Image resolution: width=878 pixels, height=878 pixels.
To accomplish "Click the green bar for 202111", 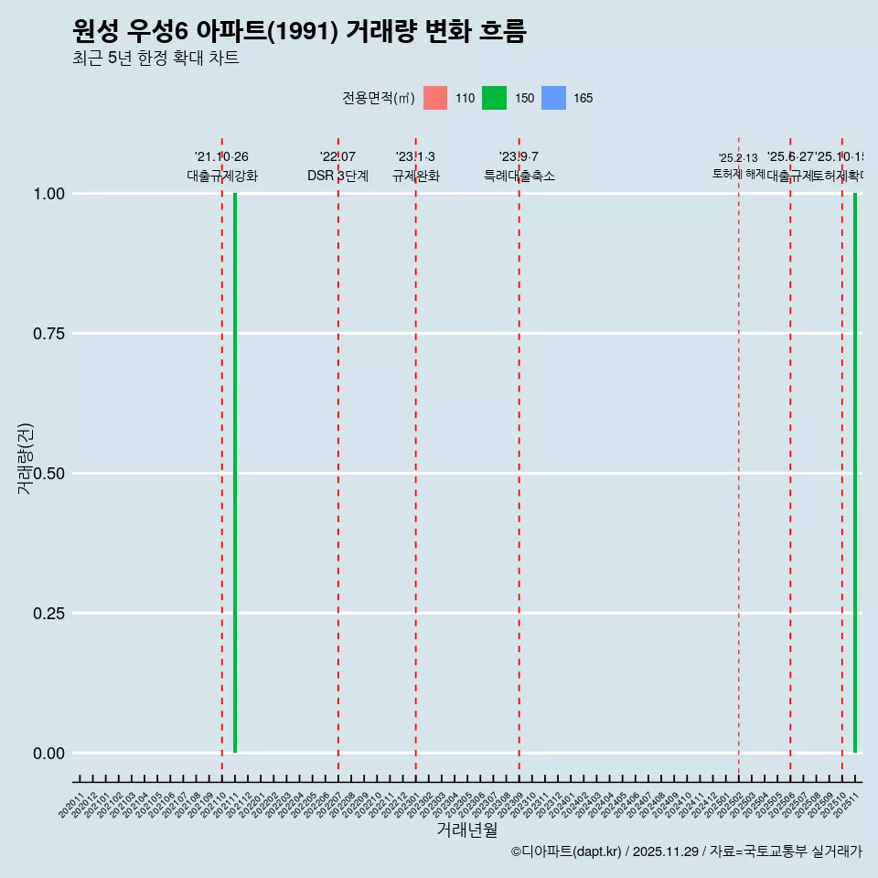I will (x=235, y=473).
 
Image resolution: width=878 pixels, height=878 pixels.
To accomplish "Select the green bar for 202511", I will (x=855, y=473).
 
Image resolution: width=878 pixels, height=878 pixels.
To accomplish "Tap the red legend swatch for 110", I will (x=435, y=98).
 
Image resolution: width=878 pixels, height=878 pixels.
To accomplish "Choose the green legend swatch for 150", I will (x=494, y=98).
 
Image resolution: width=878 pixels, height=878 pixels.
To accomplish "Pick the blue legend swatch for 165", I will (x=553, y=98).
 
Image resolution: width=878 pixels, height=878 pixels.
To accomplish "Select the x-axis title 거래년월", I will (x=466, y=830).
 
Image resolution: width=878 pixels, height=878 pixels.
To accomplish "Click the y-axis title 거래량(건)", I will (x=25, y=458).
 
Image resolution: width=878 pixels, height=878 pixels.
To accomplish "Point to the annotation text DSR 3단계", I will (x=337, y=176).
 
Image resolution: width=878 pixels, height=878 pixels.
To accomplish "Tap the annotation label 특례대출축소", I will (x=519, y=176).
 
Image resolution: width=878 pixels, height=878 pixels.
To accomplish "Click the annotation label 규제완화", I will (x=416, y=176).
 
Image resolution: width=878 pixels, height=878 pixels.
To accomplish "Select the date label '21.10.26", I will (x=221, y=157).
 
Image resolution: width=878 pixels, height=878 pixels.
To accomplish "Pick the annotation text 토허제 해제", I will (x=739, y=174).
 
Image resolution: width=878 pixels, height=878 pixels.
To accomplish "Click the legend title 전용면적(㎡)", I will (x=379, y=98).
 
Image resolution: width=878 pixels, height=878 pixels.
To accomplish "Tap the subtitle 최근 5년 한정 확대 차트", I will (x=155, y=59).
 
